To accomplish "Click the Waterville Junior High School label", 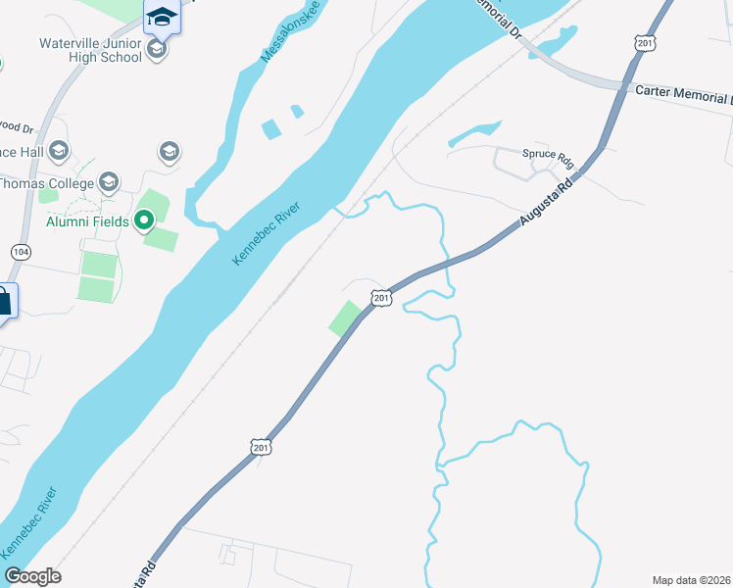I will (x=90, y=50).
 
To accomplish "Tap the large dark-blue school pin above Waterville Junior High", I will (x=161, y=17).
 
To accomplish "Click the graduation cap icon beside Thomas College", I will (x=109, y=182).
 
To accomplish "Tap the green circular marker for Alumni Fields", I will (x=144, y=220).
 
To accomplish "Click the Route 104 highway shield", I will (x=20, y=252).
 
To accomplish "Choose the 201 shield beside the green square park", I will (x=381, y=298).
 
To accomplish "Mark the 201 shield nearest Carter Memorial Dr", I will (x=644, y=43).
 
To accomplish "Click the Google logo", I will (x=32, y=575).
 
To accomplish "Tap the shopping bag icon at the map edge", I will (x=5, y=301).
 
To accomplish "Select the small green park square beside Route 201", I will (x=344, y=318).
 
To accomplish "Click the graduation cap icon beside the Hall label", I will (x=60, y=150).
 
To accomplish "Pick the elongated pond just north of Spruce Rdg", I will (x=474, y=134).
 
